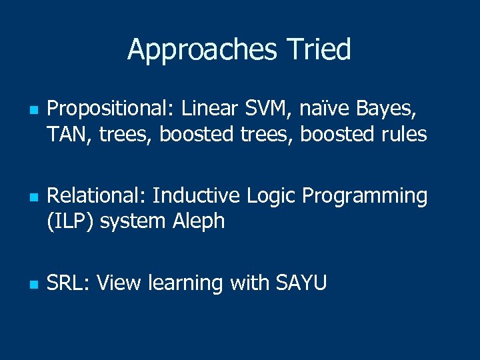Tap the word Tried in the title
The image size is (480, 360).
click(318, 50)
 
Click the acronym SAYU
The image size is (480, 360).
click(301, 283)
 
